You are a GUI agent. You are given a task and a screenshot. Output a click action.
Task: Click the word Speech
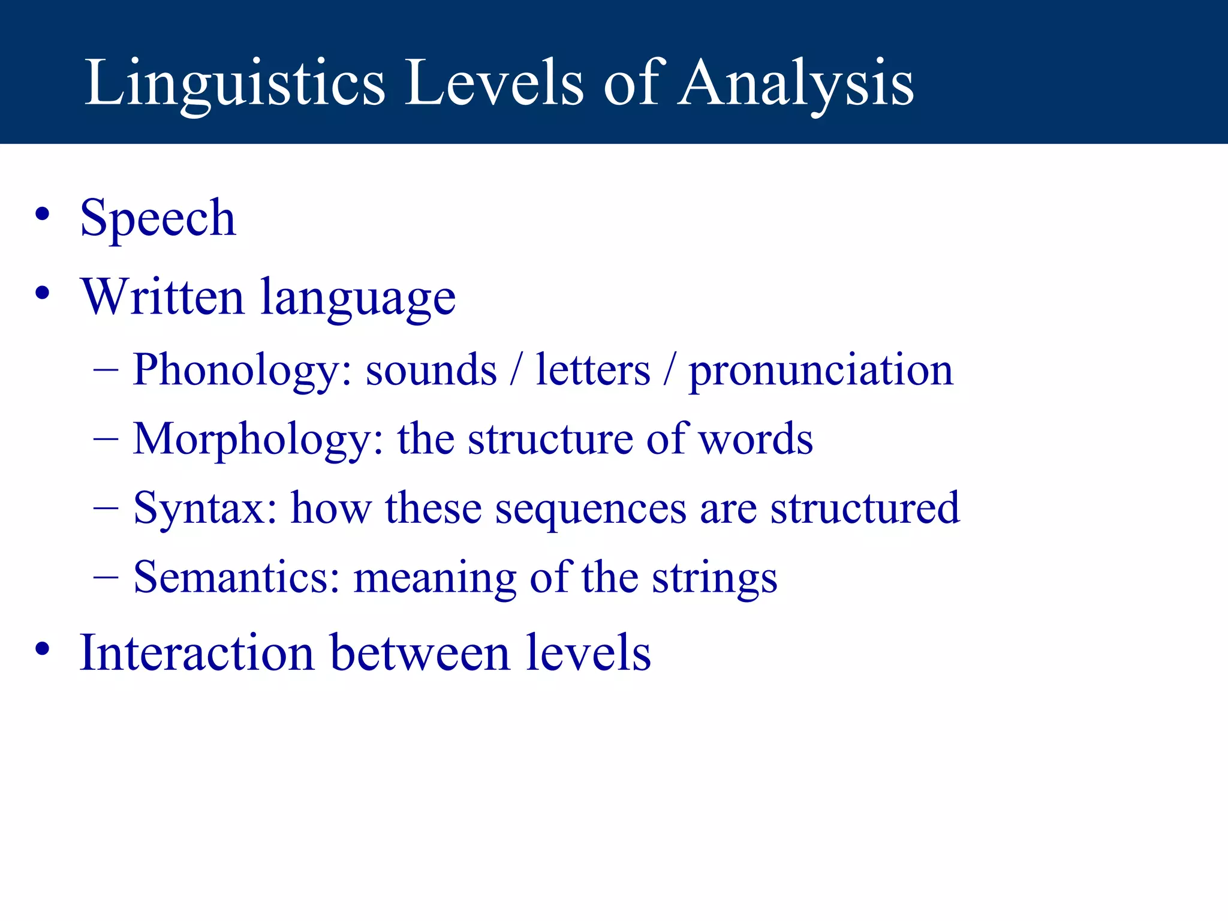[x=158, y=218]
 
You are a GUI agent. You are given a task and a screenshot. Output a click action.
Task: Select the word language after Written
[x=358, y=299]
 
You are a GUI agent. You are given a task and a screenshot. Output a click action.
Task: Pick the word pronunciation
[x=820, y=371]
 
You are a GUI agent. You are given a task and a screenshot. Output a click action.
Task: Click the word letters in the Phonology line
[x=592, y=369]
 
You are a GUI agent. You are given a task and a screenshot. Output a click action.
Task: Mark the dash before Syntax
[x=106, y=507]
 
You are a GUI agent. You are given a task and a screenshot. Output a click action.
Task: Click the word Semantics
[x=237, y=577]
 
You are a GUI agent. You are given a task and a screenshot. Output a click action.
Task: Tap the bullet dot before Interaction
[x=42, y=649]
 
